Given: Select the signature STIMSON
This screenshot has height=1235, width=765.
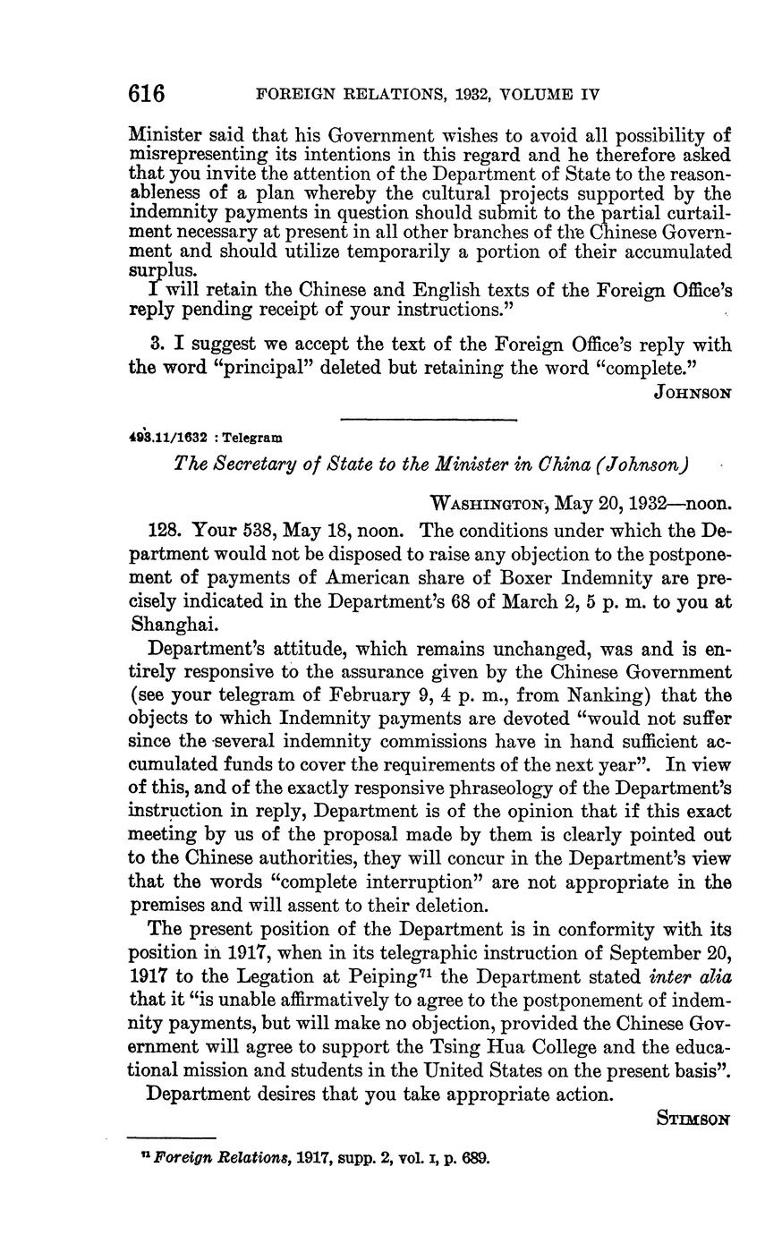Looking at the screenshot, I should pyautogui.click(x=694, y=1118).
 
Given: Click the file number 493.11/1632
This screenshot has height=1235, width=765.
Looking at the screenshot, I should pyautogui.click(x=169, y=438).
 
